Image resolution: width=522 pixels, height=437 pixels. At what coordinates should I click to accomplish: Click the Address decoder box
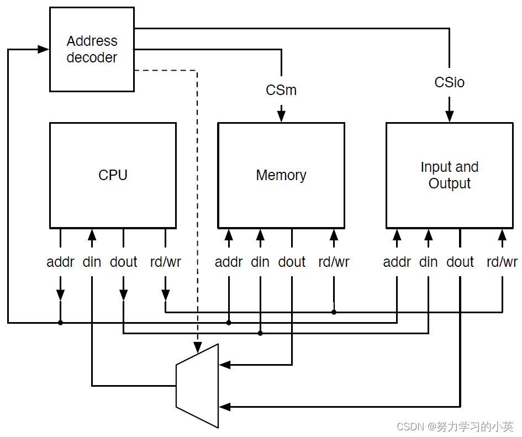[x=92, y=49]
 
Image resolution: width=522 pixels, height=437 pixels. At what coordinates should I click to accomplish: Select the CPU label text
[x=113, y=175]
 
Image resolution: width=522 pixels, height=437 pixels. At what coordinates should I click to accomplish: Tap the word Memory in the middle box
[x=281, y=175]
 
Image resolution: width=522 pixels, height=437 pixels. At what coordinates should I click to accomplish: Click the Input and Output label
[x=449, y=175]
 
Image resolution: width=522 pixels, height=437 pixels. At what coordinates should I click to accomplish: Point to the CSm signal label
[x=281, y=90]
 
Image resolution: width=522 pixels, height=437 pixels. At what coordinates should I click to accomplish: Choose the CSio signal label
[x=449, y=83]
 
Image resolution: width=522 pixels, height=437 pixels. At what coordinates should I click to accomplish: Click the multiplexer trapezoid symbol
[x=197, y=386]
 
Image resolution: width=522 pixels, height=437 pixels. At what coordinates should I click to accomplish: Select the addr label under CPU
[x=60, y=262]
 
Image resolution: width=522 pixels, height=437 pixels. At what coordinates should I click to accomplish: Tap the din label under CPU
[x=92, y=262]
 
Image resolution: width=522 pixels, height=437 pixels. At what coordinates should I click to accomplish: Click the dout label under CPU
[x=123, y=262]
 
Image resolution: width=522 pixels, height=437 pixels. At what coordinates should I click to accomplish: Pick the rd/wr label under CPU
[x=165, y=262]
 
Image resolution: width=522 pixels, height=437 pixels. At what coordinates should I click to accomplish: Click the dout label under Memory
[x=292, y=262]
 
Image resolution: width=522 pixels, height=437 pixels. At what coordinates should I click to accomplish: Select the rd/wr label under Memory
[x=334, y=262]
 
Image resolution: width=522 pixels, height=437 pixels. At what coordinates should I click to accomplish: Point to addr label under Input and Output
[x=397, y=262]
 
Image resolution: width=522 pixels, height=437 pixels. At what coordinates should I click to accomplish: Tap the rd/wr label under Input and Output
[x=502, y=262]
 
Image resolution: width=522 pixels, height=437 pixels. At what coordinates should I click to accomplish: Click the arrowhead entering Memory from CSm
[x=281, y=117]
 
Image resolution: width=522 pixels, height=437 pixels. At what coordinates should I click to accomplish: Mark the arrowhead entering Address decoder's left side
[x=44, y=49]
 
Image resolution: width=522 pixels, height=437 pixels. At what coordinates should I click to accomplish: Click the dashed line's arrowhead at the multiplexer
[x=197, y=348]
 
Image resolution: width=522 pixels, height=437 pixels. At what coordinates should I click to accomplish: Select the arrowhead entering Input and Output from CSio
[x=449, y=117]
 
